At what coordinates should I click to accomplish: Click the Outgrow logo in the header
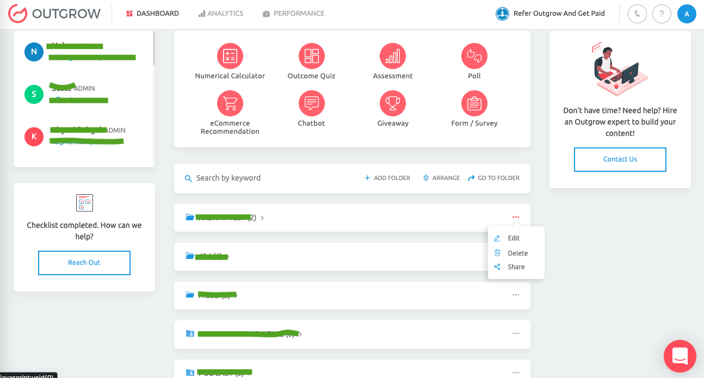(54, 14)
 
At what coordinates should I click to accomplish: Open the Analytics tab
(221, 14)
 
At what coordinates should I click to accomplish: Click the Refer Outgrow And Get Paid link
(551, 14)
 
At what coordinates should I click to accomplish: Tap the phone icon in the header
(637, 14)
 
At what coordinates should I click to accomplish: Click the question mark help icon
(662, 14)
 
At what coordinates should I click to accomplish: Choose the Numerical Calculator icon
(230, 55)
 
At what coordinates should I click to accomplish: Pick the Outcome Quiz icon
(311, 55)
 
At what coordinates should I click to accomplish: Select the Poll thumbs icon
(474, 55)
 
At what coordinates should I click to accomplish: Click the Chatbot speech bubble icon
(311, 103)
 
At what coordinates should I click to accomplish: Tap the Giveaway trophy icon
(392, 103)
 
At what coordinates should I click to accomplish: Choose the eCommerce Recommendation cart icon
(230, 103)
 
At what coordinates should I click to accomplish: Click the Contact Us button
(620, 159)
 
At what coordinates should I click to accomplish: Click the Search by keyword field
(261, 178)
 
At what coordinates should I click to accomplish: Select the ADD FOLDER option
(387, 178)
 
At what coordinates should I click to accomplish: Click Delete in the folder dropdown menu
(517, 253)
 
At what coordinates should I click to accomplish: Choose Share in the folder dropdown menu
(516, 267)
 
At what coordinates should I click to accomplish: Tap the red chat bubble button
(680, 356)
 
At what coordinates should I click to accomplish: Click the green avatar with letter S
(34, 94)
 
